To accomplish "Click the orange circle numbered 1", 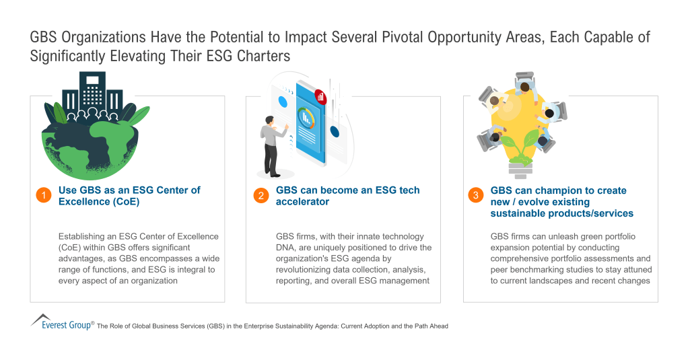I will tap(43, 196).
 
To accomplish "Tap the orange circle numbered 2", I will tap(261, 196).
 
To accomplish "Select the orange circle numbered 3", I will tap(475, 196).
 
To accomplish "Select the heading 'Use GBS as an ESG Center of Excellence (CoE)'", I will tap(129, 196).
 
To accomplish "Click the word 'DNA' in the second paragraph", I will tap(286, 248).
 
